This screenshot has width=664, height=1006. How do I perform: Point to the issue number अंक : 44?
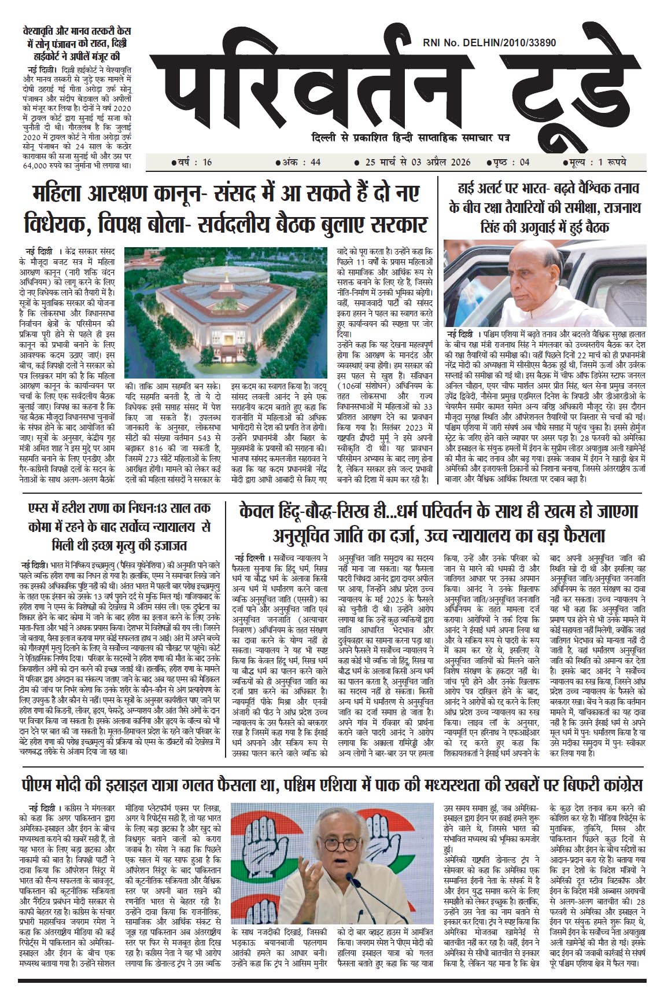point(300,163)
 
